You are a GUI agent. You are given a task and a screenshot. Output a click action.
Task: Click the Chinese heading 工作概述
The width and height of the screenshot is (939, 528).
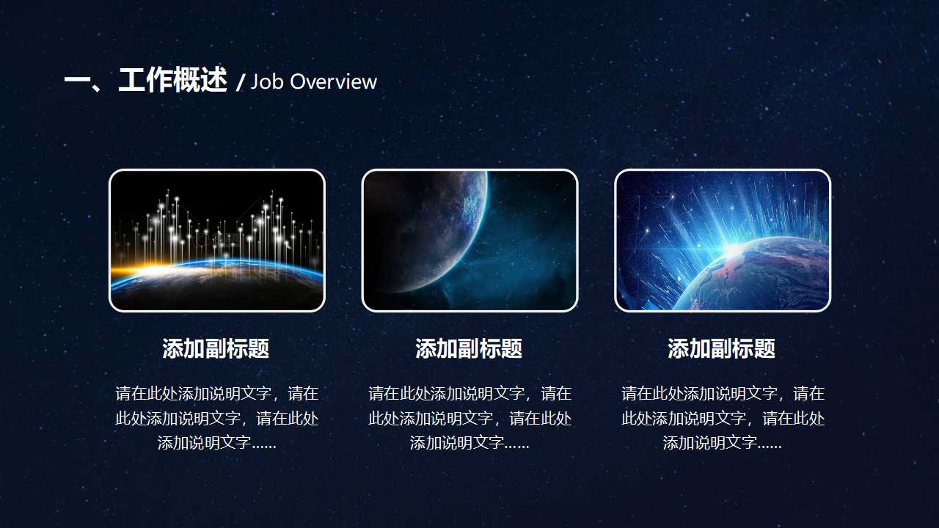(x=172, y=81)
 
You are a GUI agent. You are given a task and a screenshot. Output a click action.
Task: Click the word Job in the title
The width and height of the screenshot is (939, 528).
(x=267, y=81)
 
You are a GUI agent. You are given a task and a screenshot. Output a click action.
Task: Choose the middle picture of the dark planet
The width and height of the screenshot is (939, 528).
(x=469, y=241)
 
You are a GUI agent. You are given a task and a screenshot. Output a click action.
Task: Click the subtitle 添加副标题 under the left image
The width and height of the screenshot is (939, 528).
(x=216, y=348)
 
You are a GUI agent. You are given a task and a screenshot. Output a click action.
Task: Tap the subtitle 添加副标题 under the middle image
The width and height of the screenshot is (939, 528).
(x=469, y=348)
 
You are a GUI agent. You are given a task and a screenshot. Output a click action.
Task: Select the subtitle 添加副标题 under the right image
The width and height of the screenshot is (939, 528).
(x=722, y=348)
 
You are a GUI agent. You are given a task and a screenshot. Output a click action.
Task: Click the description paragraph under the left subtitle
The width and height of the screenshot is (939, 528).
(x=216, y=418)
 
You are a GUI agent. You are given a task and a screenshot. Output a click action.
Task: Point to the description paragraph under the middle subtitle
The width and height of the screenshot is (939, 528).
(x=469, y=418)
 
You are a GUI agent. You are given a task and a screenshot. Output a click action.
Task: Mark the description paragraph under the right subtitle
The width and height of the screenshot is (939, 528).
(x=723, y=418)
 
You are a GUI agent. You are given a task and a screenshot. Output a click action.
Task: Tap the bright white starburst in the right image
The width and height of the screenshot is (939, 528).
(x=734, y=251)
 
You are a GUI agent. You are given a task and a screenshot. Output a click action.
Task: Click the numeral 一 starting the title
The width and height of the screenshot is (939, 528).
(x=76, y=81)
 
